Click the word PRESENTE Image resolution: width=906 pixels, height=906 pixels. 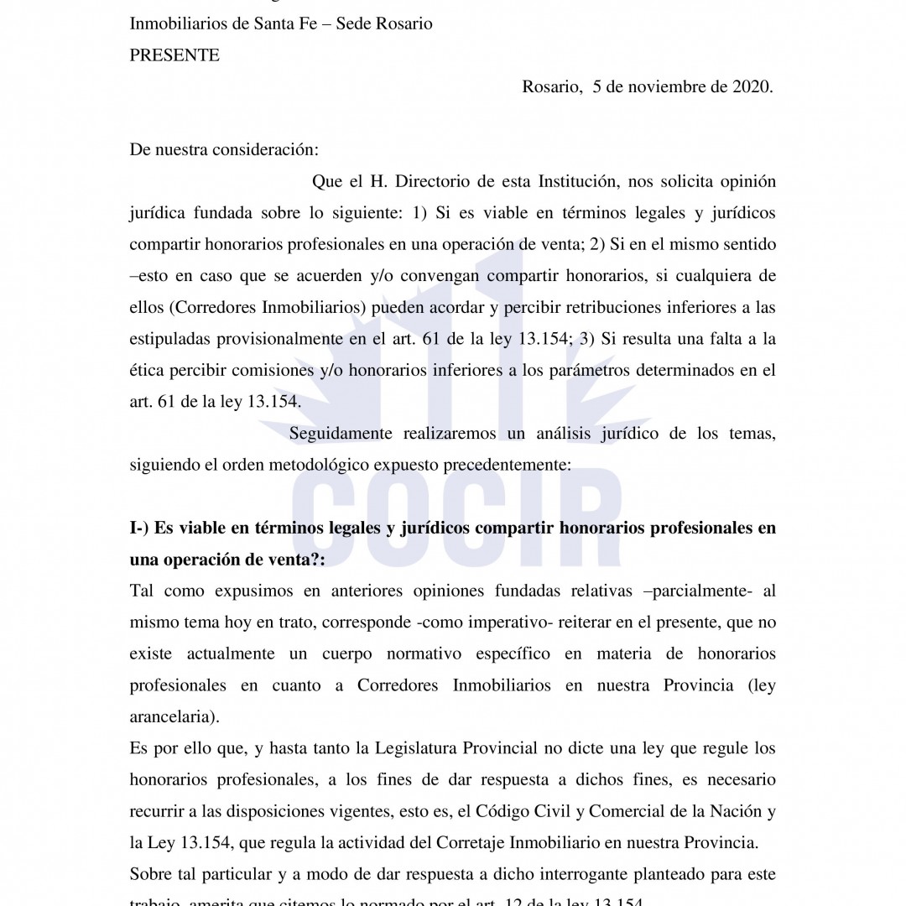174,55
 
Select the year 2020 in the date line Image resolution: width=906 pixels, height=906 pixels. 748,87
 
